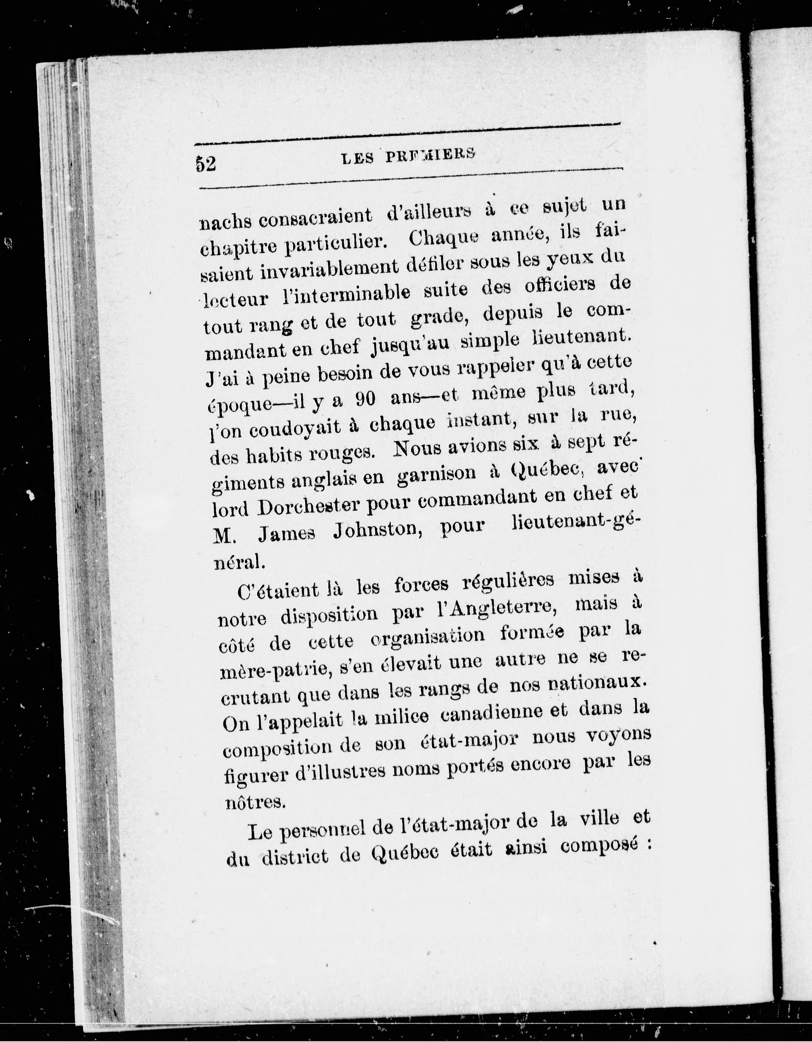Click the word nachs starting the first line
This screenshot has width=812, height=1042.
point(222,220)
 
